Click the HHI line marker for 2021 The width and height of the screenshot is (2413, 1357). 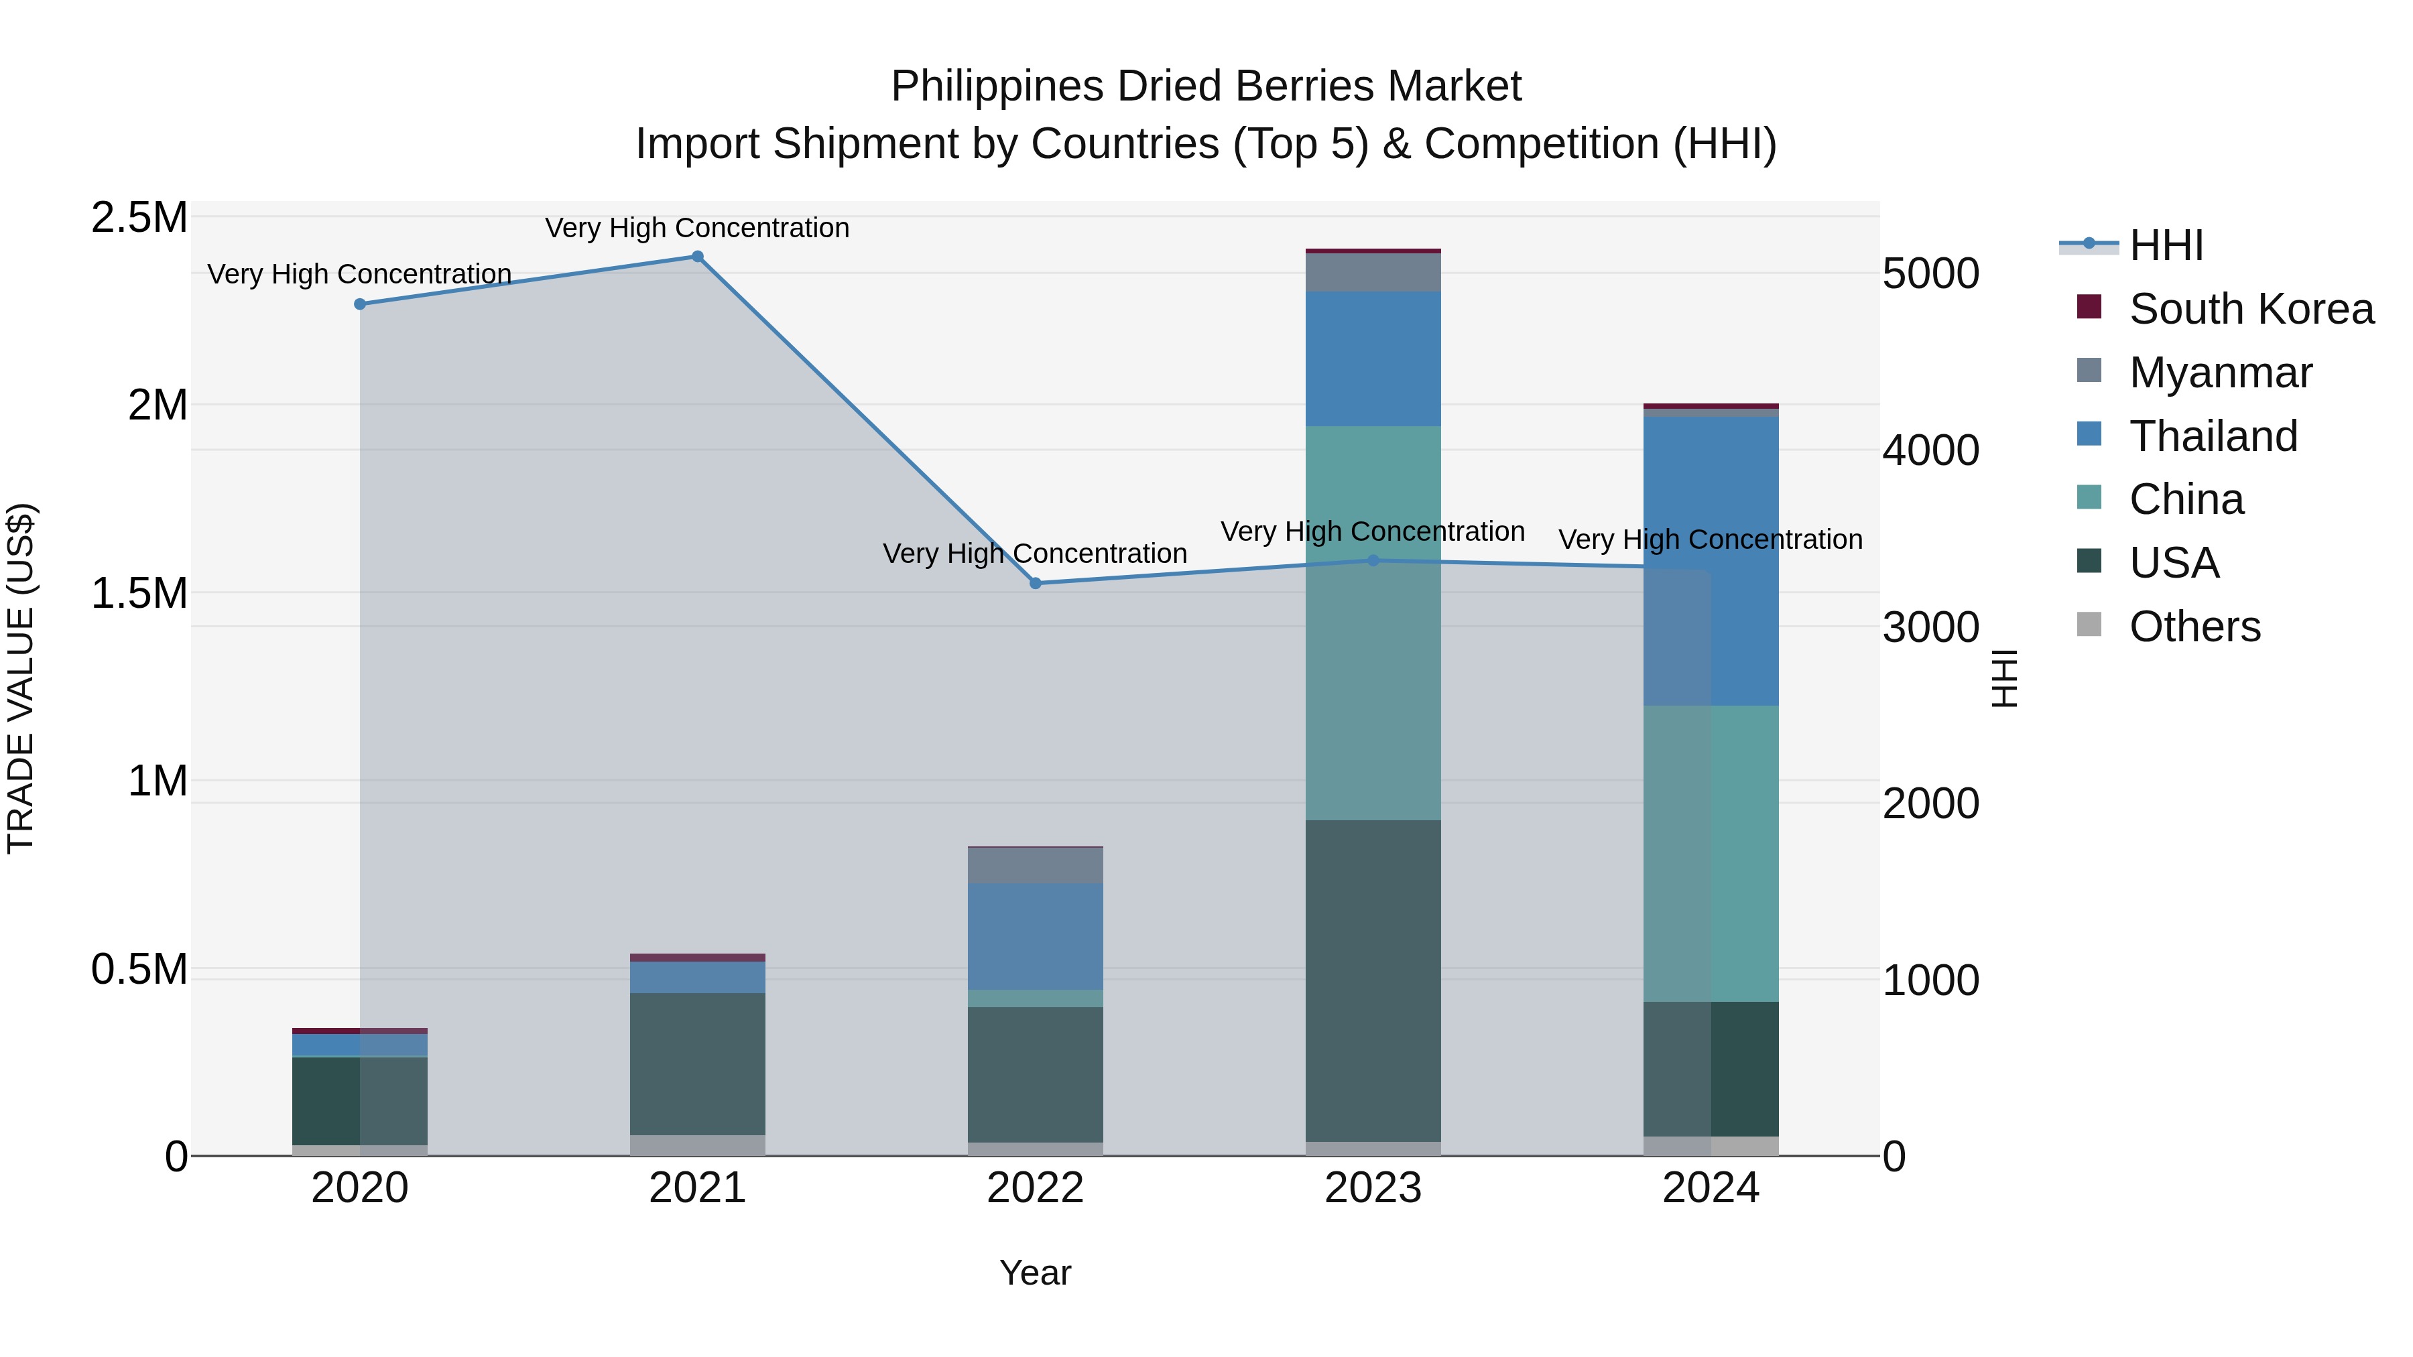[x=697, y=257]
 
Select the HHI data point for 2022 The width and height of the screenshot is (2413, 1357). [x=1035, y=584]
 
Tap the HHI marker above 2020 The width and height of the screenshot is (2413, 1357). [x=360, y=304]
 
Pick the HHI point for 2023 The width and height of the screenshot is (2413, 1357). [x=1373, y=561]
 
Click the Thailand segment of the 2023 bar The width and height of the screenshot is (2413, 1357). [x=1373, y=359]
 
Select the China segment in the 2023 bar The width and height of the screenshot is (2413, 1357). [x=1373, y=623]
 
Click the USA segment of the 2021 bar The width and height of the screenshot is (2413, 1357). [x=697, y=1064]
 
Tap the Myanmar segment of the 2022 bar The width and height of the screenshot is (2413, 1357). [x=1035, y=865]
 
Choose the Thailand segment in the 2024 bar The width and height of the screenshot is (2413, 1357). [x=1711, y=560]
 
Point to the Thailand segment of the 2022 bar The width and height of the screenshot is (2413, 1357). [x=1035, y=937]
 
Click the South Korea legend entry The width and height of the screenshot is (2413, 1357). [x=2250, y=309]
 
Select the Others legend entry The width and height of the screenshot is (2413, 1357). [x=2194, y=627]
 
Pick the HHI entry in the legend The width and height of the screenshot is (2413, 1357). [x=2165, y=245]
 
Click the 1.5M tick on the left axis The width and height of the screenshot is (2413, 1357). [x=139, y=594]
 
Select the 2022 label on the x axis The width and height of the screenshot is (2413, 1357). [x=1035, y=1188]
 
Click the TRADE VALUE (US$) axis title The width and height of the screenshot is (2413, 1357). [x=21, y=678]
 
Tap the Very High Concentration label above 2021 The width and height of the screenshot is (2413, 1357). [x=697, y=228]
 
